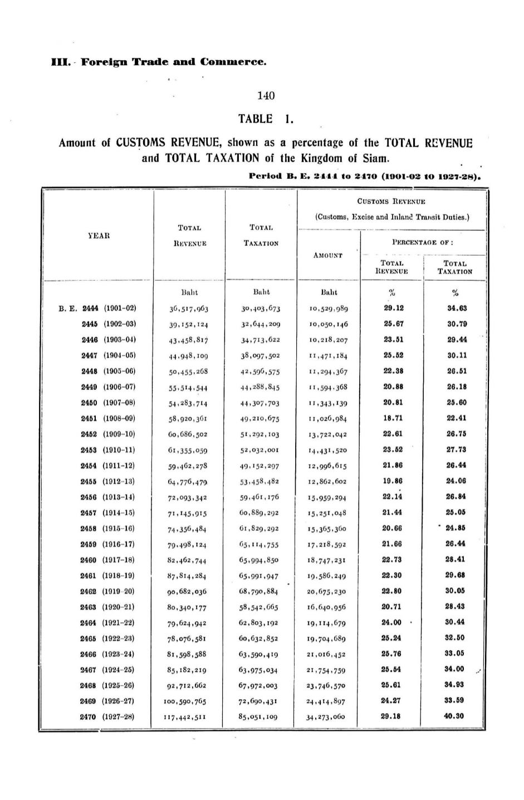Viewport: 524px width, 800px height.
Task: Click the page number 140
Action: pyautogui.click(x=266, y=96)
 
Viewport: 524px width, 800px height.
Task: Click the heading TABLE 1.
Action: pyautogui.click(x=266, y=119)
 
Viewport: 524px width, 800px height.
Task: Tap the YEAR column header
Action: pyautogui.click(x=99, y=236)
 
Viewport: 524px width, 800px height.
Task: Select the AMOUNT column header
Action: pyautogui.click(x=328, y=255)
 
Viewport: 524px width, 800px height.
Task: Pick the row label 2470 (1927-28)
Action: pyautogui.click(x=109, y=716)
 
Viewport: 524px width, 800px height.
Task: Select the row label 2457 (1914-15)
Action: pyautogui.click(x=109, y=513)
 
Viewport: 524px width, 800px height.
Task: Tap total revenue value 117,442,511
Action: pyautogui.click(x=188, y=717)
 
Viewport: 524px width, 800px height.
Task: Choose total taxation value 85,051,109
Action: pyautogui.click(x=258, y=717)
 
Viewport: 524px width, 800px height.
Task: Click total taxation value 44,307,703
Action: pyautogui.click(x=258, y=403)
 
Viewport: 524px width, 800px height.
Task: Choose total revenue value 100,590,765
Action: pyautogui.click(x=188, y=701)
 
